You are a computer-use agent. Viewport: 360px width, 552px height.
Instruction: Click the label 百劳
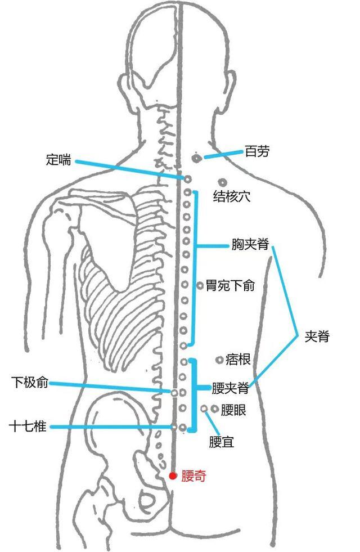tap(257, 152)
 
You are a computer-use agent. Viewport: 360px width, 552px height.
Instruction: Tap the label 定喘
tap(58, 160)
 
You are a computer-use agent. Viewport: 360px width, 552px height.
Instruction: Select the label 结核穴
tap(232, 196)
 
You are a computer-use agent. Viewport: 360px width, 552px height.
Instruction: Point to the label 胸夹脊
tap(250, 244)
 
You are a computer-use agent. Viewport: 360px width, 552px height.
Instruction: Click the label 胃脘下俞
tap(230, 285)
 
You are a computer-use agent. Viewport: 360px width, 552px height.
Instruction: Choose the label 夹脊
tap(317, 336)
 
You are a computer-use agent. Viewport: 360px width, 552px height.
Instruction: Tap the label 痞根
tap(238, 360)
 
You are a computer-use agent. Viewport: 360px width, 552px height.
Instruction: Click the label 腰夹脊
tap(230, 388)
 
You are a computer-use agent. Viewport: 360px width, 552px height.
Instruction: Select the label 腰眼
tap(233, 410)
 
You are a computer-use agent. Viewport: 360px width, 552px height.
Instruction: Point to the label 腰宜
tap(222, 442)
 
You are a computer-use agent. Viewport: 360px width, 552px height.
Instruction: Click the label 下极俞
tap(30, 382)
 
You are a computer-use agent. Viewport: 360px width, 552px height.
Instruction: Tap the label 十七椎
tap(28, 427)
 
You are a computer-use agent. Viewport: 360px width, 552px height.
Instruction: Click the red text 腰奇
tap(193, 476)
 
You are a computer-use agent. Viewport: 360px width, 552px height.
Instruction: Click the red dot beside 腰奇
tap(173, 476)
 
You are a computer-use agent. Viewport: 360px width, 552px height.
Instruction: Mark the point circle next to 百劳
tap(196, 158)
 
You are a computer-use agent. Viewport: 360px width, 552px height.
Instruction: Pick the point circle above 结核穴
tap(222, 182)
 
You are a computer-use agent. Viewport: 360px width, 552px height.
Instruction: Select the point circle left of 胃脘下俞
tap(200, 285)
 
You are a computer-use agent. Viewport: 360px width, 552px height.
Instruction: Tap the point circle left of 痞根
tap(219, 360)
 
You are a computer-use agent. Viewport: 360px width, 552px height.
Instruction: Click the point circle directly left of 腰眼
tap(215, 409)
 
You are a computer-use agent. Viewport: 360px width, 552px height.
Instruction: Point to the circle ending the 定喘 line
tap(187, 179)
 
